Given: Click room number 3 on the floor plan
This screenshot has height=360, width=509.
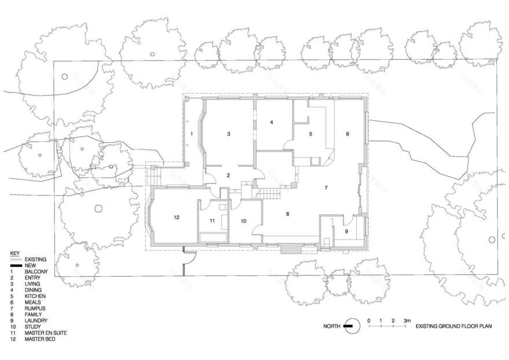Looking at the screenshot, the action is click(228, 134).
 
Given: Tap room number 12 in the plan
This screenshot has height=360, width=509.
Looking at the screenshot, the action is click(176, 218).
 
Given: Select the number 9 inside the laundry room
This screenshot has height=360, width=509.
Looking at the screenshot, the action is click(346, 232).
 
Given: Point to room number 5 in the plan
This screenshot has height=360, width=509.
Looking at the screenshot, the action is click(311, 134).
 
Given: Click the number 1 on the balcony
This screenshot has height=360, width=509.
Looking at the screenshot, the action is click(191, 134).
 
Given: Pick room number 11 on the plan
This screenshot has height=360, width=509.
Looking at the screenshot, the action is click(212, 221).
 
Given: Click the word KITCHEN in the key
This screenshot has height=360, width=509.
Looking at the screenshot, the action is click(35, 296).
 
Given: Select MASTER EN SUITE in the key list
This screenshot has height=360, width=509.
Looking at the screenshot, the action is click(46, 333).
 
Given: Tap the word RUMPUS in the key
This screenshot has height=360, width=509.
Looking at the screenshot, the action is click(35, 308).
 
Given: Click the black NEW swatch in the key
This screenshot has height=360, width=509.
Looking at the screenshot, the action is click(16, 265).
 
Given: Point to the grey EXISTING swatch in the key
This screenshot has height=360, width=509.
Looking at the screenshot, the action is click(16, 259).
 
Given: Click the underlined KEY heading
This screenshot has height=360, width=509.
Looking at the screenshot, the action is click(15, 253).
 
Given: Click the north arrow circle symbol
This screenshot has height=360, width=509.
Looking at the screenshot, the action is click(352, 325).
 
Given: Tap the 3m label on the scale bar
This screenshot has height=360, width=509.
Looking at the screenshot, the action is click(407, 321).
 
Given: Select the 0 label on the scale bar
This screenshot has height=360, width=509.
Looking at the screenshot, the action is click(369, 321).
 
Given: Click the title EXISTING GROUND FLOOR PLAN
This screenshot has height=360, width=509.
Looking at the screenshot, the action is click(454, 326).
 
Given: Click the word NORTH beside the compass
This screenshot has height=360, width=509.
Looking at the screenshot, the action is click(332, 326).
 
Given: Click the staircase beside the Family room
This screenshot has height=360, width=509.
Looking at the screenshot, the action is click(268, 194).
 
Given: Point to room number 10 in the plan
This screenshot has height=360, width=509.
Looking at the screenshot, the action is click(244, 221).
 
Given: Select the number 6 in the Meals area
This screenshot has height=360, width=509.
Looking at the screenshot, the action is click(348, 134).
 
